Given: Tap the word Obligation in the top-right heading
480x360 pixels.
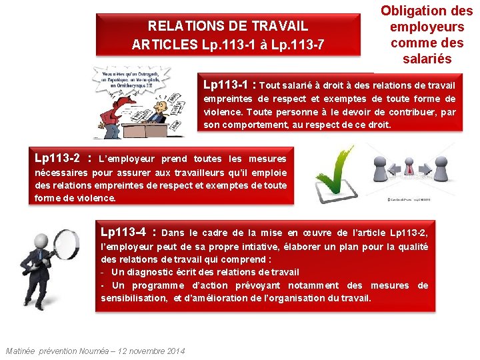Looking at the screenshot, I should click(427, 11).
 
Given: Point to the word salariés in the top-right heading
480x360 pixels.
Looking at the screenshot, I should click(427, 59).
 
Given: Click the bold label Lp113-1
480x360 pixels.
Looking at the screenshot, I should click(227, 85).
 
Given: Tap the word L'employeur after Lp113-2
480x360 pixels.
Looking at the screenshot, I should click(126, 159).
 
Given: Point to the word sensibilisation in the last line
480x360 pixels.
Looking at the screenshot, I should click(133, 298).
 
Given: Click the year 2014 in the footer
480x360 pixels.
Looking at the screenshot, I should click(175, 351).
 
